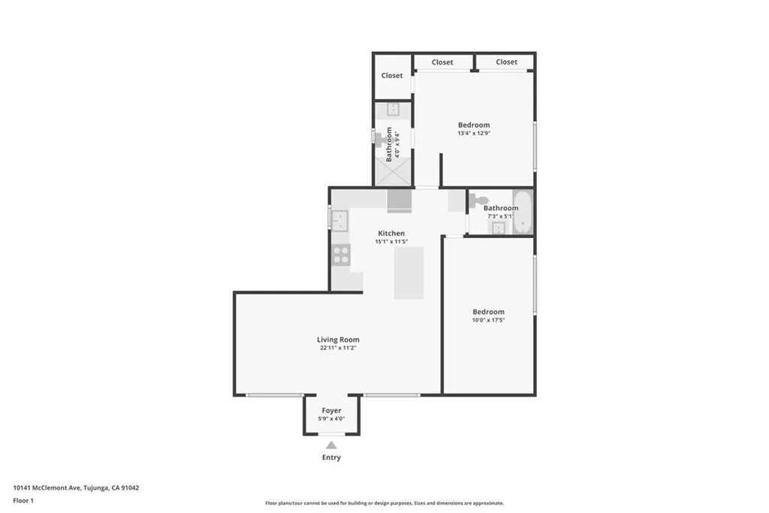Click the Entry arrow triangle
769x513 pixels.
point(331,445)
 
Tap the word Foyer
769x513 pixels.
point(331,411)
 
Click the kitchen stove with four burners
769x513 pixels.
point(340,254)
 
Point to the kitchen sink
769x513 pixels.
point(339,220)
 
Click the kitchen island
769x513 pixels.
point(409,272)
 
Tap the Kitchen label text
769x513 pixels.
point(391,234)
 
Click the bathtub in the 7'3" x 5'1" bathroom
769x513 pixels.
point(523,213)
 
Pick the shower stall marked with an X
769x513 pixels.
point(394,174)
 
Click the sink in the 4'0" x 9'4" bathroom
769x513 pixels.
point(394,110)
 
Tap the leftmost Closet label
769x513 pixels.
point(392,76)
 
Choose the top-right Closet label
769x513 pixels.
point(506,62)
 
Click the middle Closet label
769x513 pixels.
point(442,62)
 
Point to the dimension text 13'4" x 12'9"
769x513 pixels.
point(474,134)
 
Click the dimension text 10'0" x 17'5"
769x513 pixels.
point(488,320)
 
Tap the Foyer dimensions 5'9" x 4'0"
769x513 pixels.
point(331,419)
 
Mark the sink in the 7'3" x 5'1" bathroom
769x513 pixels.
point(498,228)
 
